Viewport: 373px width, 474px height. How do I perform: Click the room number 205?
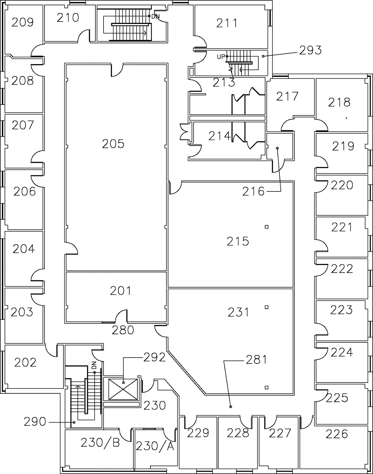click(x=113, y=144)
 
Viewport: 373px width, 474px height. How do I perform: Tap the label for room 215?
click(x=238, y=241)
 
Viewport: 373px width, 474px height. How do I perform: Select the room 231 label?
click(x=238, y=312)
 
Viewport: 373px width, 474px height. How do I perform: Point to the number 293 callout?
click(x=310, y=50)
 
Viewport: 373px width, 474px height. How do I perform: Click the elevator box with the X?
click(x=123, y=389)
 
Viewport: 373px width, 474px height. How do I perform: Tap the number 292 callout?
click(x=154, y=358)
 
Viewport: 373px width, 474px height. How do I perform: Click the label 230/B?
click(x=100, y=443)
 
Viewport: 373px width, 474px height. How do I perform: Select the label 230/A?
click(x=154, y=446)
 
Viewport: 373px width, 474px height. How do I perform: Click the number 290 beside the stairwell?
click(x=35, y=422)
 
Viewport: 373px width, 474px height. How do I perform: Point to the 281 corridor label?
click(x=257, y=360)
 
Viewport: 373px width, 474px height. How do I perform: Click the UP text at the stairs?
click(x=221, y=57)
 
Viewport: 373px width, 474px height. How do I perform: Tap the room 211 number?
click(x=227, y=23)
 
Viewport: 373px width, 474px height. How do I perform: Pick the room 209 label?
click(x=22, y=22)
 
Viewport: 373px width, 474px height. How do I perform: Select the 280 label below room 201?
click(x=123, y=330)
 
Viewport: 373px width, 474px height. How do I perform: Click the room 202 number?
click(x=25, y=362)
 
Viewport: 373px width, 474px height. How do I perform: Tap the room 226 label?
click(x=337, y=434)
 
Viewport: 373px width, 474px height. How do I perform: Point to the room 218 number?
click(x=339, y=102)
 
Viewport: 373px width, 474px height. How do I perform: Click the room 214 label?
click(x=220, y=136)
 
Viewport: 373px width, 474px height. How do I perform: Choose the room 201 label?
click(x=121, y=291)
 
